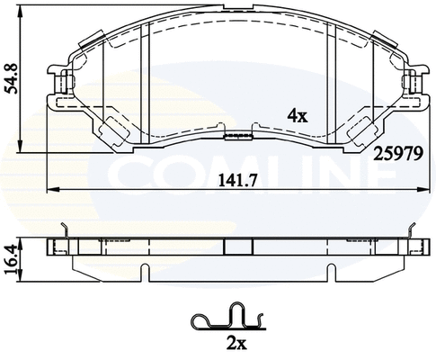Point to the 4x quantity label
pyautogui.click(x=297, y=115)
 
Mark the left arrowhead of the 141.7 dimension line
pyautogui.click(x=52, y=189)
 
